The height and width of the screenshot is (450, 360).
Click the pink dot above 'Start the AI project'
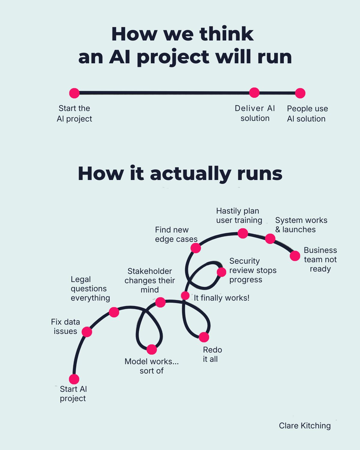point(74,93)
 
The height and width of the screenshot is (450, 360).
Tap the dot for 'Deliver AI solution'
point(254,93)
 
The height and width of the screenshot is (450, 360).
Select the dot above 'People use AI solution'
point(300,93)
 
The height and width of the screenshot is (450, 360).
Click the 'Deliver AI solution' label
point(255,113)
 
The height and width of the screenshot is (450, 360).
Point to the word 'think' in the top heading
point(226,34)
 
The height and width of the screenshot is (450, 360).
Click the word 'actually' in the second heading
point(190,174)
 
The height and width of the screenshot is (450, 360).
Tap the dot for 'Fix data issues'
point(87,332)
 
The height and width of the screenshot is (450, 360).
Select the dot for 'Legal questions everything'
point(114,312)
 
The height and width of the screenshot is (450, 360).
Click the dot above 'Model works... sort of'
point(152,349)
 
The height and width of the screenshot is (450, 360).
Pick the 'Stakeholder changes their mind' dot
point(160,302)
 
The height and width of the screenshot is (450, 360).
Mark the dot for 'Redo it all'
point(204,337)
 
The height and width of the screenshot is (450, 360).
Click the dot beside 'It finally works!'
point(185,295)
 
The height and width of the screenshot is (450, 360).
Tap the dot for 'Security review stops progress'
point(221,272)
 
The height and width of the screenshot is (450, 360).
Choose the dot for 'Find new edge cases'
point(196,248)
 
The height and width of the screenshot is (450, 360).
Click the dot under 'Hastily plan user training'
point(243,233)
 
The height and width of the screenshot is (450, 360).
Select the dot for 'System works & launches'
point(270,239)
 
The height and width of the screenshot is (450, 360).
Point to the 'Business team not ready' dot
point(295,256)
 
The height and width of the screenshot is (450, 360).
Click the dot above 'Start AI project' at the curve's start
point(74,379)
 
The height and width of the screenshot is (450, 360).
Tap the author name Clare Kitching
point(305,426)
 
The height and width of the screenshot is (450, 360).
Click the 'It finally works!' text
point(221,298)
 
